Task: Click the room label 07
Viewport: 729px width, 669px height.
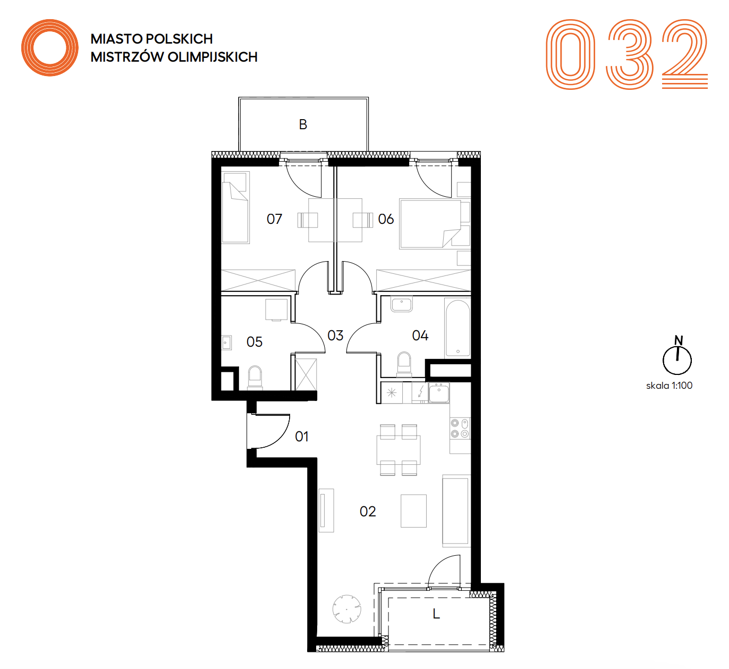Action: point(274,219)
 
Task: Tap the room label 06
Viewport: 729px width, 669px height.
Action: point(386,219)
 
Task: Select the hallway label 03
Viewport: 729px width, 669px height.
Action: point(335,336)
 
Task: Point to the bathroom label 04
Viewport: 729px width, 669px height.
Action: point(420,336)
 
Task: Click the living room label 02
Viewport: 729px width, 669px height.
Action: point(367,512)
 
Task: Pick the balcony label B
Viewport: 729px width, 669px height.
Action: point(303,124)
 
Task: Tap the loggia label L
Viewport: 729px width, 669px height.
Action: point(436,614)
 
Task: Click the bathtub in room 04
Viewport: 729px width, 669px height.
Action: point(457,328)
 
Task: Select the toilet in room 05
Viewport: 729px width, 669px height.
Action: point(255,377)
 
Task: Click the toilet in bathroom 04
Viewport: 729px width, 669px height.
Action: point(404,364)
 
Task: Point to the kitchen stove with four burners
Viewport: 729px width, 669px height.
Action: point(460,428)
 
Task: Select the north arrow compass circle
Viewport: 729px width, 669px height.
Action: point(677,360)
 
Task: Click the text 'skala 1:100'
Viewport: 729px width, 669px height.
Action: point(669,386)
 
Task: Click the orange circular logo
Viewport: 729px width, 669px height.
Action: point(50,48)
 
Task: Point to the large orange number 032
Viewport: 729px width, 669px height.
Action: point(627,54)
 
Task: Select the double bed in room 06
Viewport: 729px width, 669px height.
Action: point(430,224)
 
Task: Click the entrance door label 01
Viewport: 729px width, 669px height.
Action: point(302,437)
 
